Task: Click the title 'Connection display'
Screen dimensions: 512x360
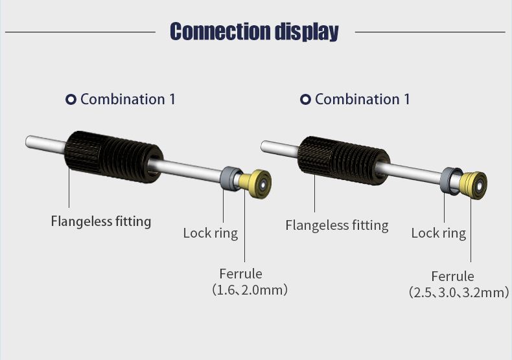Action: (254, 32)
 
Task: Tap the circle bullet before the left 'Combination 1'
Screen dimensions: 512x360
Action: (71, 99)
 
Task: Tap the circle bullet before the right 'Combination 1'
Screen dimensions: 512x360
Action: (305, 99)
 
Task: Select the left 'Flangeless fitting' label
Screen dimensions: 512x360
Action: (101, 221)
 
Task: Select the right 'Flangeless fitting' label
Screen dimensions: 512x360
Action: (337, 225)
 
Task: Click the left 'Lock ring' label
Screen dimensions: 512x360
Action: (211, 233)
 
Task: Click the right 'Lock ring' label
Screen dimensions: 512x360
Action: (439, 233)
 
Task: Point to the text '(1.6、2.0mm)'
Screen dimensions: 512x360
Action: (250, 290)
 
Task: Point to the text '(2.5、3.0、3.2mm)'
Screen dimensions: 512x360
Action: (459, 292)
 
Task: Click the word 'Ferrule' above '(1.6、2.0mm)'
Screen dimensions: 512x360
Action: (240, 274)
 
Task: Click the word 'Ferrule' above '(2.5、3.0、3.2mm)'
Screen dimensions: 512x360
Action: (452, 276)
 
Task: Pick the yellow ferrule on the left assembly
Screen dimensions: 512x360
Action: (256, 184)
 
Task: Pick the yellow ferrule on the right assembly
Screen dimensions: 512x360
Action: (474, 185)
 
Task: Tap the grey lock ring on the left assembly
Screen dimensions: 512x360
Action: (230, 178)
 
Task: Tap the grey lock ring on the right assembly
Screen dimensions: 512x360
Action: (450, 181)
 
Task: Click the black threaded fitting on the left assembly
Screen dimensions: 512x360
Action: (113, 157)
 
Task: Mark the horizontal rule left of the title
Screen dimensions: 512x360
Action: (80, 32)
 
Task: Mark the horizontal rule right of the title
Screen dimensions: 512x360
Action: (430, 32)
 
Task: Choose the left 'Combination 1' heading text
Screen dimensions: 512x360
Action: (128, 99)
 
